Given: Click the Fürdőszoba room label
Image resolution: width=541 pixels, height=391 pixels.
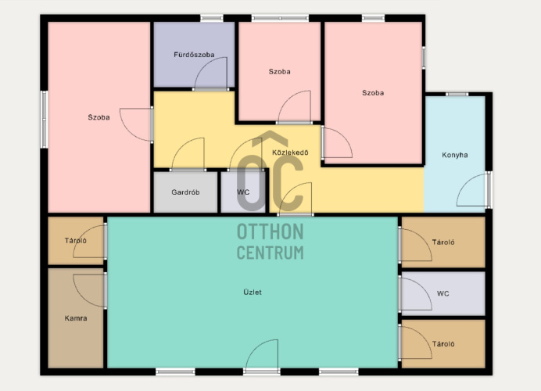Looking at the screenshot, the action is [194, 55].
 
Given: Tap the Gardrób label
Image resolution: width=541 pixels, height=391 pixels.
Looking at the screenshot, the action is [185, 192].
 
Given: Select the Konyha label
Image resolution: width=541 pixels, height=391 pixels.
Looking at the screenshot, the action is [455, 155].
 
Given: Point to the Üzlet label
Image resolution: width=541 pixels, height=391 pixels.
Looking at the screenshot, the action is [253, 292].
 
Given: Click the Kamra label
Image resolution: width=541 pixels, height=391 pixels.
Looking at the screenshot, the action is [76, 318].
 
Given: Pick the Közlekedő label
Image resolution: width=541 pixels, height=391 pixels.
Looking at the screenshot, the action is [290, 152].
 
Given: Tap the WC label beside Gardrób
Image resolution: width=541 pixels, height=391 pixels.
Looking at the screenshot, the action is [243, 192].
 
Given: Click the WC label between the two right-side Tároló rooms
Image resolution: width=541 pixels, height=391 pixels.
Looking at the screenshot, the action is [443, 293].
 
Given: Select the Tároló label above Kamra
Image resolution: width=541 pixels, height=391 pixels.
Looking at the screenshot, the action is [76, 241].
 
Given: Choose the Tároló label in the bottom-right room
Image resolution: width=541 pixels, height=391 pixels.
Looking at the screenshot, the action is [443, 344].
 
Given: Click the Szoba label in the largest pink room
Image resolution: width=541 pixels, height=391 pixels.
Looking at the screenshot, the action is [99, 117].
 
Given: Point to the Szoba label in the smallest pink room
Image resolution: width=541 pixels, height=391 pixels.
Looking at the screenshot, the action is [279, 71].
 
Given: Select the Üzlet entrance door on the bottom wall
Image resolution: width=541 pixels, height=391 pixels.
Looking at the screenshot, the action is [262, 356].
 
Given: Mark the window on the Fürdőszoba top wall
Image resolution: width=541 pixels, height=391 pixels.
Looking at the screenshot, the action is [212, 18].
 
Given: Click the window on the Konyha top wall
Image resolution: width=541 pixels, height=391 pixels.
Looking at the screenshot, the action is [457, 94].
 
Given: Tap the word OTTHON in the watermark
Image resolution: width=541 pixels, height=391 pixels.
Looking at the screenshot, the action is [270, 231].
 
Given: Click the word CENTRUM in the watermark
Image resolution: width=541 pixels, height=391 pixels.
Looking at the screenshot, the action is [270, 253].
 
